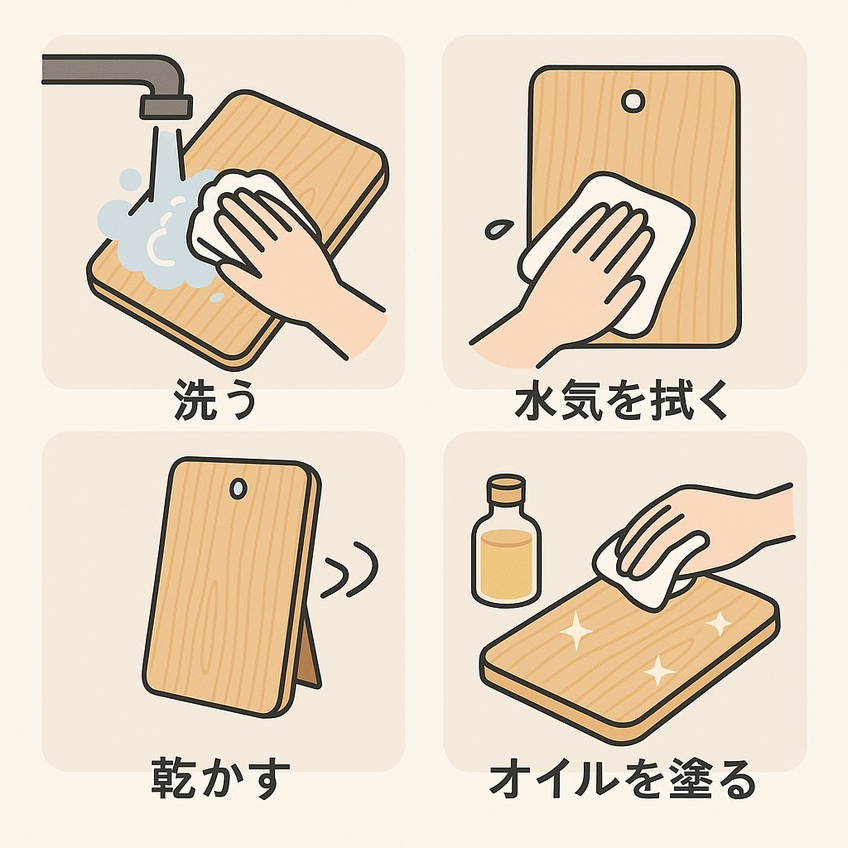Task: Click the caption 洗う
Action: point(214,400)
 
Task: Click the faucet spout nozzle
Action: point(166,107)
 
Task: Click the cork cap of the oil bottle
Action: point(506,489)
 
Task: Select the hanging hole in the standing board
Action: point(238,488)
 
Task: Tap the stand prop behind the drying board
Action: point(309,654)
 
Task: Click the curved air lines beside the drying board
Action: point(349,569)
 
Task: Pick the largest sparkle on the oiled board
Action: point(576,629)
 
